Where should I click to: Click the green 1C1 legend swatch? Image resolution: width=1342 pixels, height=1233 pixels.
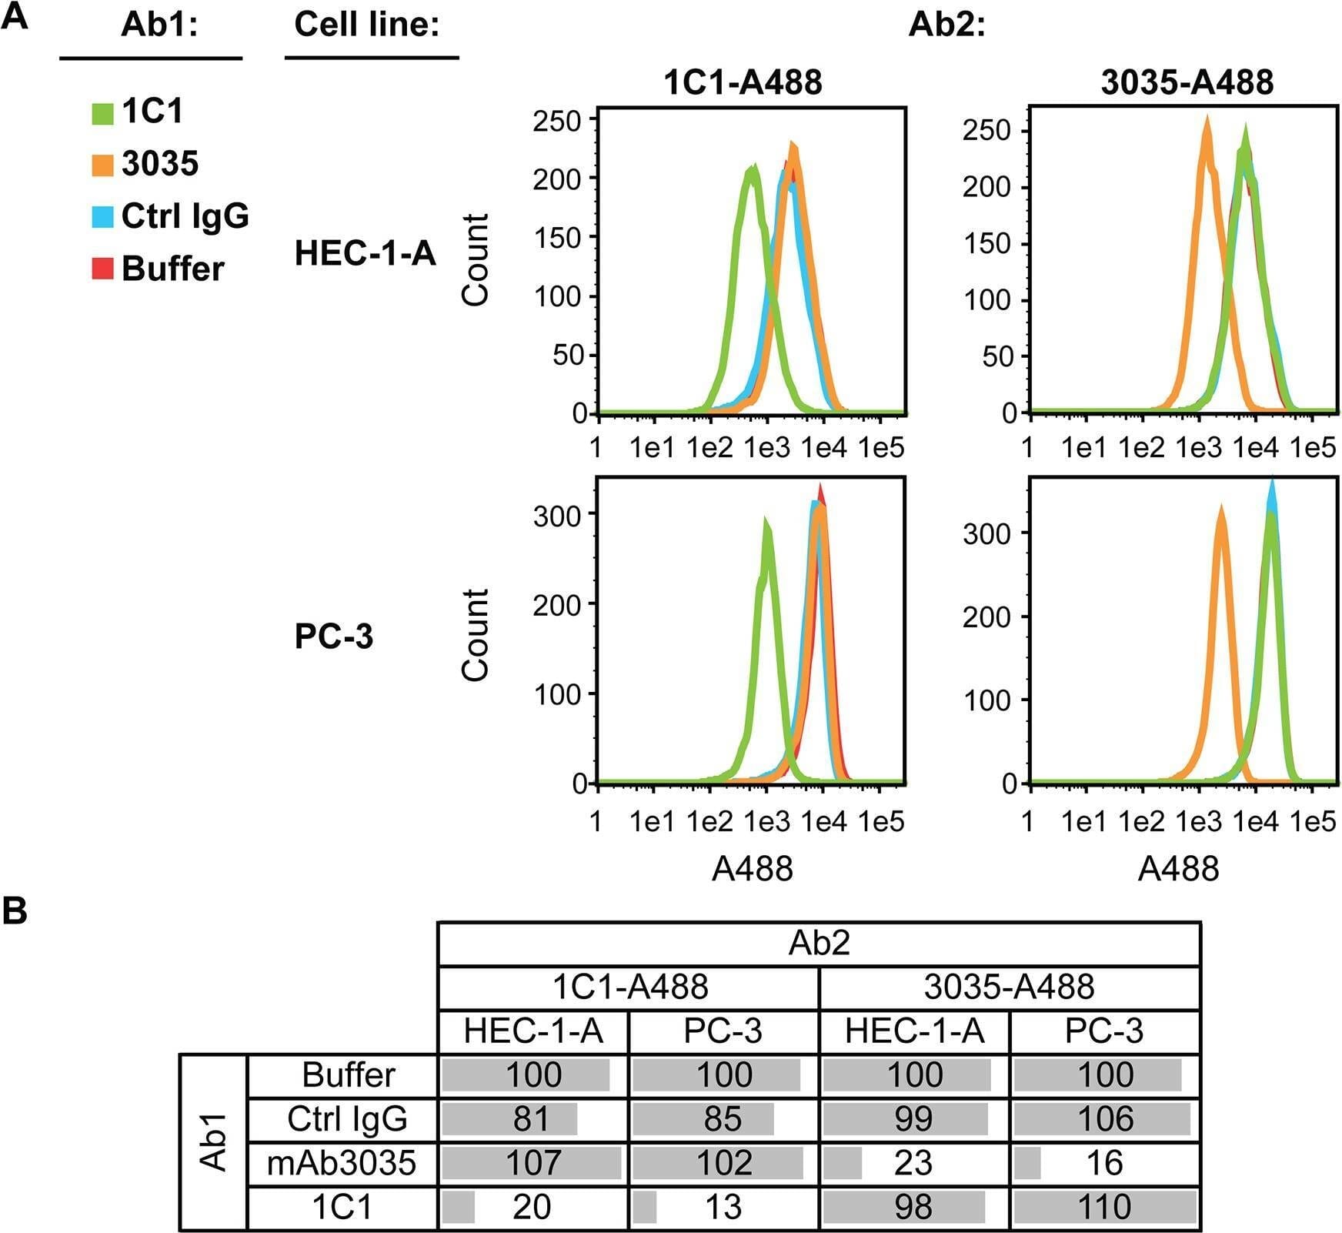tap(102, 113)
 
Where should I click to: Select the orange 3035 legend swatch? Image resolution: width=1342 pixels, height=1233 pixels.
tap(102, 165)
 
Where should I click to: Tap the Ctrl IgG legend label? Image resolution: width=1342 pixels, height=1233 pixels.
tap(185, 216)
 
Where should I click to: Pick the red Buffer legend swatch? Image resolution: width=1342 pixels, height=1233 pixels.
tap(102, 269)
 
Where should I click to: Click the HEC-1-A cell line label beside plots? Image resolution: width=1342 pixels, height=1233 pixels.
tap(365, 253)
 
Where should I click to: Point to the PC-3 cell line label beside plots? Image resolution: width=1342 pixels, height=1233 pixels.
tap(333, 637)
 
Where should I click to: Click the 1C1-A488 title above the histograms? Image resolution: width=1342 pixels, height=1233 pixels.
tap(743, 82)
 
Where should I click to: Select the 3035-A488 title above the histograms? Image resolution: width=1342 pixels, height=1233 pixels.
tap(1187, 82)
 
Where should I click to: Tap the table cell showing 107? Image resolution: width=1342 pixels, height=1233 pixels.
tap(532, 1162)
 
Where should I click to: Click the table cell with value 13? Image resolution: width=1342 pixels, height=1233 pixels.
tap(723, 1207)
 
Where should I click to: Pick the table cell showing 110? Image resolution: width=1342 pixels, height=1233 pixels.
tap(1105, 1207)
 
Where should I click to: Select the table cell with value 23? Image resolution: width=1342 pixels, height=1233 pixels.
tap(913, 1162)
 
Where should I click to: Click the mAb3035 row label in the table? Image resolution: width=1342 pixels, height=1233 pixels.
tap(342, 1162)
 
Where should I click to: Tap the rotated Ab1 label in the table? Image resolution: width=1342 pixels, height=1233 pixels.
tap(213, 1141)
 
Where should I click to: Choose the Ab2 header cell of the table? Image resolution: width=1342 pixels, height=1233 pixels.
tap(819, 943)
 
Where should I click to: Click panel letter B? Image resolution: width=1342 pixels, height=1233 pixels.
tap(15, 911)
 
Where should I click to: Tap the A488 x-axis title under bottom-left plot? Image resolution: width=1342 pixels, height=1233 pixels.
tap(752, 869)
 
